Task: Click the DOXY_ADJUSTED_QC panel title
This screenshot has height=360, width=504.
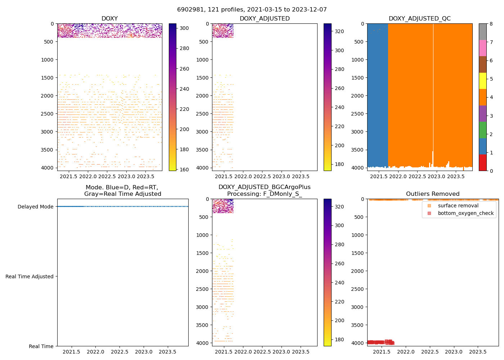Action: [419, 18]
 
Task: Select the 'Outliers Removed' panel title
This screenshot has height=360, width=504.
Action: [433, 194]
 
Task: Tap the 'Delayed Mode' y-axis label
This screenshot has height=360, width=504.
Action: [35, 207]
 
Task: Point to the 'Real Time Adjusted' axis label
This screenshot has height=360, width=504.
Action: [29, 276]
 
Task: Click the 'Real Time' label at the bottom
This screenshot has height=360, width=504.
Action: [41, 346]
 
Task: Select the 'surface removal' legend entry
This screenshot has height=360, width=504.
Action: [458, 206]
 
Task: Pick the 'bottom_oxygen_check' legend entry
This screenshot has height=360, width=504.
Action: [465, 213]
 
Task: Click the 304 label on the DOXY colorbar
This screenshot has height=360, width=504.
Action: [184, 28]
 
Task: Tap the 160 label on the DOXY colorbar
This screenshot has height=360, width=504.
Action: [184, 170]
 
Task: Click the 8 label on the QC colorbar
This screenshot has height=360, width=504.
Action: [491, 24]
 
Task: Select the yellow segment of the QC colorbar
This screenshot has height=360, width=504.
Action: [483, 81]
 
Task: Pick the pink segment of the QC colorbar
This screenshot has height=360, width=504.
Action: [483, 48]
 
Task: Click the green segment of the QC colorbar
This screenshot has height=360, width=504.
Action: [483, 130]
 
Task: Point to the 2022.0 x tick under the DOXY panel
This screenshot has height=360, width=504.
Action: [88, 176]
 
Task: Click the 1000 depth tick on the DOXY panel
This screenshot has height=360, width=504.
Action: [47, 60]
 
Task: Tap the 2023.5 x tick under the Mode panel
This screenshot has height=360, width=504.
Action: [167, 352]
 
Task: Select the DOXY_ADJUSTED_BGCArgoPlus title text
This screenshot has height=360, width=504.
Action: [264, 187]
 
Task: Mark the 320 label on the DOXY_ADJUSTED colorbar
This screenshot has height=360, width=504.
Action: [339, 31]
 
